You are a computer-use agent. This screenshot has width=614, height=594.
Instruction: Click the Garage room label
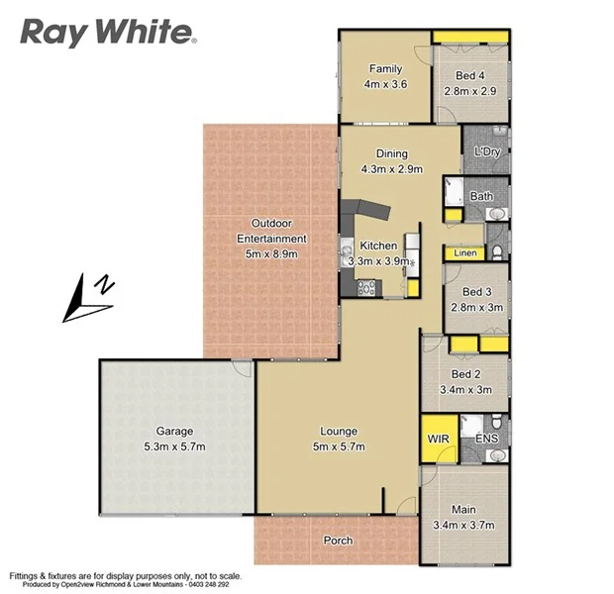[173, 432]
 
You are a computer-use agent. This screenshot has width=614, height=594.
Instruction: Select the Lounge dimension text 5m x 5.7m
[338, 446]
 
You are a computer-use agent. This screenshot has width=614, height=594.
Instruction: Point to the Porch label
[338, 541]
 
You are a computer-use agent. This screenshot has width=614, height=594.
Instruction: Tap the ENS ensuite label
[486, 437]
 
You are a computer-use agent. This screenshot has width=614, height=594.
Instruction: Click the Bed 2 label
[465, 374]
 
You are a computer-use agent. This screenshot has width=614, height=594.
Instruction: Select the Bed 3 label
[476, 291]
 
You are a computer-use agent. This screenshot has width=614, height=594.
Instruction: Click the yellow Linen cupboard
[465, 253]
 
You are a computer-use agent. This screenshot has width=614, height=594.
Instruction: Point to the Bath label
[481, 196]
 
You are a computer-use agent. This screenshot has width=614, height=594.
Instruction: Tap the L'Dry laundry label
[486, 151]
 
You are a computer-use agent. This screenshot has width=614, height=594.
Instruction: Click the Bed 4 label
[470, 75]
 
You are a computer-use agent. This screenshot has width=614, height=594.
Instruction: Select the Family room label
[385, 68]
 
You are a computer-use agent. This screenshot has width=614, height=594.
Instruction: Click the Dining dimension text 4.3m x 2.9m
[391, 168]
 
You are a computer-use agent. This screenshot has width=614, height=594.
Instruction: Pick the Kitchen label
[378, 246]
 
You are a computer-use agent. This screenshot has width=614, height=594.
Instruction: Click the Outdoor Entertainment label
[271, 231]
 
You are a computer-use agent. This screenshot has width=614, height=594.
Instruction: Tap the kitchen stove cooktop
[364, 287]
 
